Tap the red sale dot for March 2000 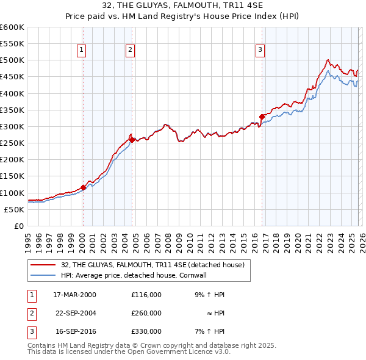[x=84, y=187]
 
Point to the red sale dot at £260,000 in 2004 [x=132, y=140]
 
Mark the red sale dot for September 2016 [x=262, y=117]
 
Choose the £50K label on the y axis [x=15, y=209]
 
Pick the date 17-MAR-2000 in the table [x=75, y=294]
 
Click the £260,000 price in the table [x=146, y=313]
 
